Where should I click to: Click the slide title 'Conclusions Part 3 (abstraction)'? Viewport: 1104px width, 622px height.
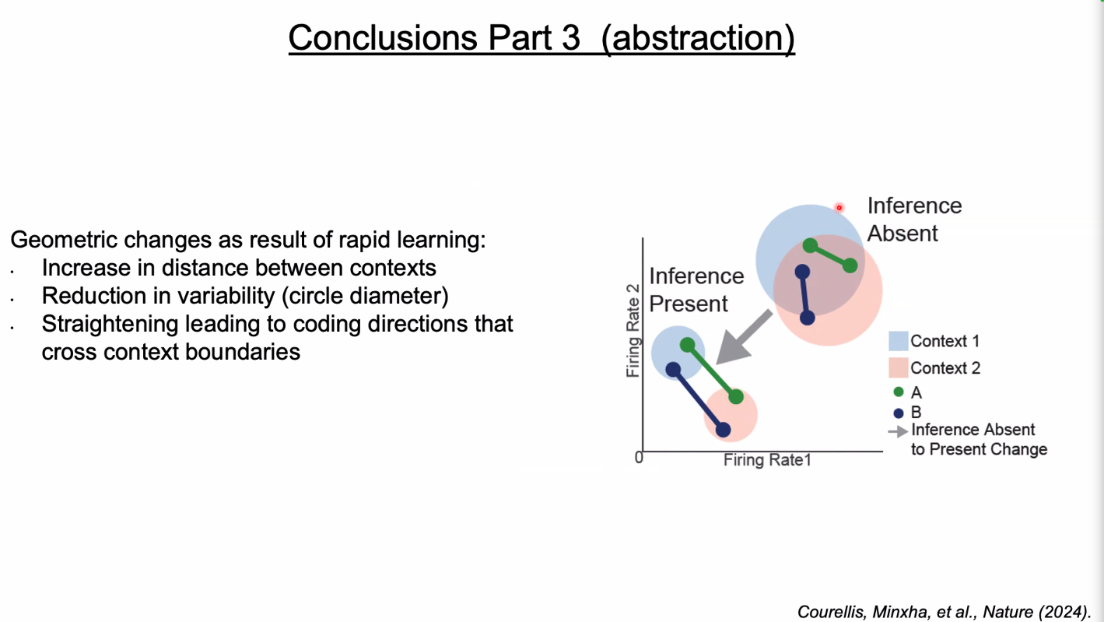tap(541, 37)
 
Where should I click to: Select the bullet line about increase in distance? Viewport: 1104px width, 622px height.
tap(239, 268)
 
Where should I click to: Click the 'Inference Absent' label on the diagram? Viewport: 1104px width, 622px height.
tap(913, 220)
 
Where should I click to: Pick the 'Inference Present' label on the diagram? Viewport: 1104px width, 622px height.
tap(696, 290)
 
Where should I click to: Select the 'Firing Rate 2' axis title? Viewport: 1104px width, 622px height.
tap(633, 330)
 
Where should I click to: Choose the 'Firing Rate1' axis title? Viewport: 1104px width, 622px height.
tap(767, 460)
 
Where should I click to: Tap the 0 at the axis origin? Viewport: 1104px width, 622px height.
tap(639, 458)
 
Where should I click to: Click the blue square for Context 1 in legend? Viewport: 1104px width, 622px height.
tap(899, 341)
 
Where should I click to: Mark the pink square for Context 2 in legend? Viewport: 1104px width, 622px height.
tap(899, 367)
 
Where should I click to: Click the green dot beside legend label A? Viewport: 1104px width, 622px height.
tap(899, 392)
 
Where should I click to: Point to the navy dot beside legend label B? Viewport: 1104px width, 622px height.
tap(899, 413)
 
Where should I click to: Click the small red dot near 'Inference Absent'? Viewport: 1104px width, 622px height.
tap(839, 208)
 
